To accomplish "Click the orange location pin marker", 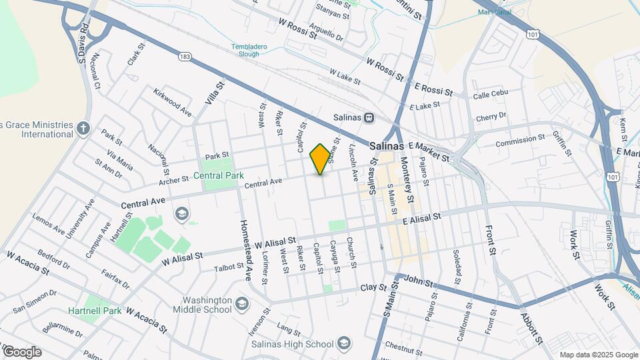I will pos(320,159).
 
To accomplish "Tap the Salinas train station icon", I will pos(369,117).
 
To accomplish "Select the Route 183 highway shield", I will pos(184,57).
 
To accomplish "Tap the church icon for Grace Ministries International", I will pos(83,128).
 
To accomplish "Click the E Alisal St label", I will pos(417,218).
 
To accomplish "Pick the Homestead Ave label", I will pos(245,250).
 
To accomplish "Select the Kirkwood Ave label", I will pos(172,103).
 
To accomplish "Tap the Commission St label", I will pos(520,142).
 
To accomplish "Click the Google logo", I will pos(22,352).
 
